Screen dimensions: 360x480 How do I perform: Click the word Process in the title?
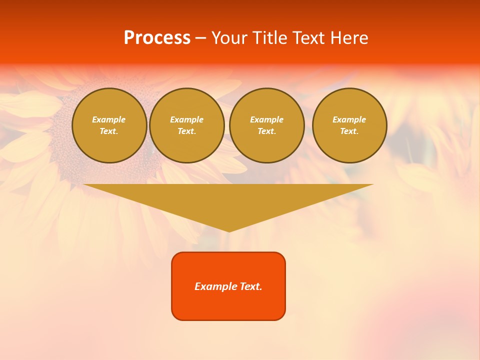tap(157, 38)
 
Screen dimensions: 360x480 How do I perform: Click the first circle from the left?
tap(109, 125)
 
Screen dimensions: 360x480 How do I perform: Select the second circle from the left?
tap(187, 125)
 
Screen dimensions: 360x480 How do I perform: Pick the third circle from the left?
tap(267, 125)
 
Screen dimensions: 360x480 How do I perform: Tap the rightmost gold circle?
tap(349, 125)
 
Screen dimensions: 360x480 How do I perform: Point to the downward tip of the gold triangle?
tap(229, 231)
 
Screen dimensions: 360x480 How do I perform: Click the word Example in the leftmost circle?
tap(109, 119)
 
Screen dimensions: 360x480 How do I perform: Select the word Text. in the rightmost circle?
tap(349, 131)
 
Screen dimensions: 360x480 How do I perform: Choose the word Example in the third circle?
tap(267, 119)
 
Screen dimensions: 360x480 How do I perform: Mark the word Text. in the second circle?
tap(187, 131)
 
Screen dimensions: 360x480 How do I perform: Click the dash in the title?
tap(201, 38)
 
